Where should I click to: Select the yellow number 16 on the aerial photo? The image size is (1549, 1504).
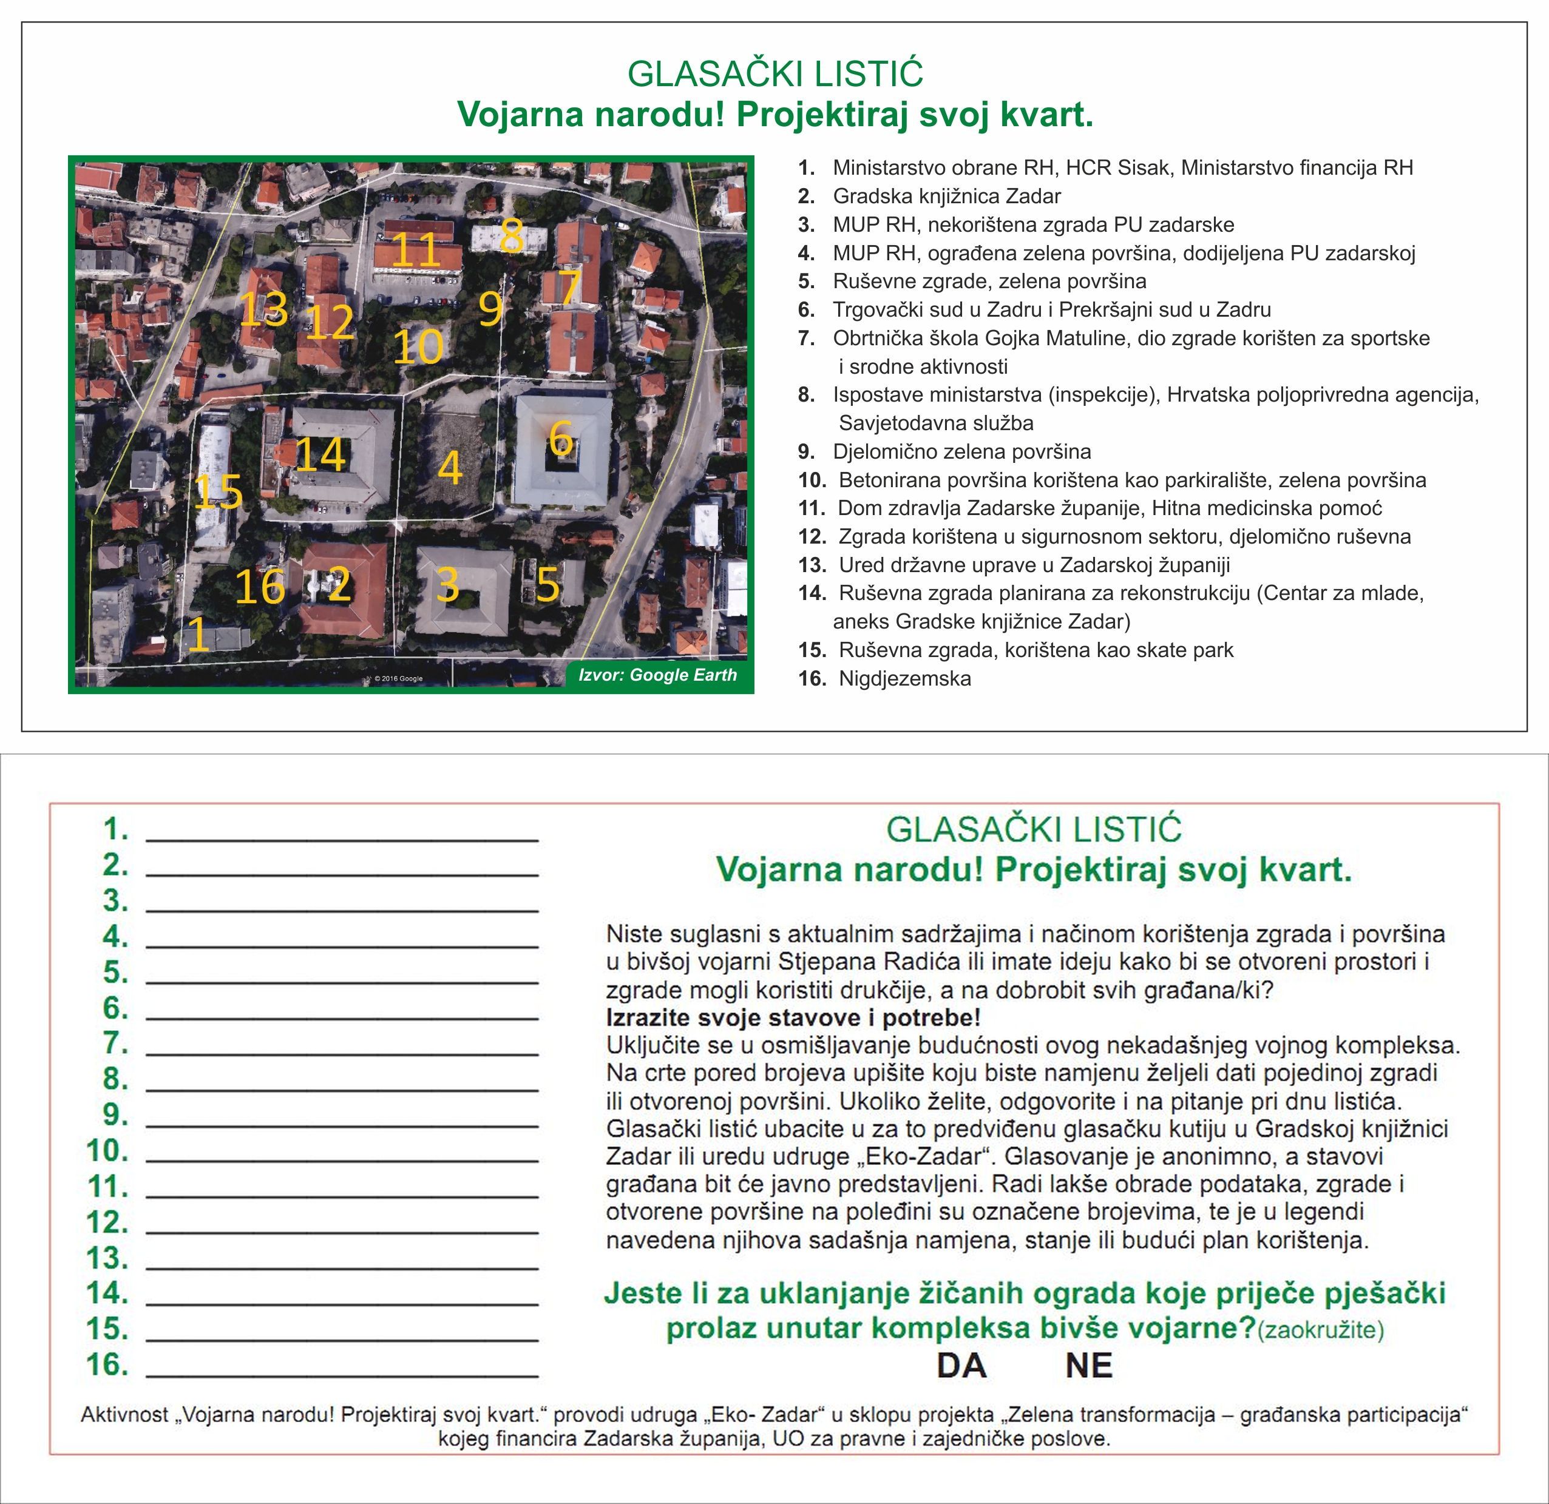[260, 587]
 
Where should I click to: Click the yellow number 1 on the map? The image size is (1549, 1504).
[198, 635]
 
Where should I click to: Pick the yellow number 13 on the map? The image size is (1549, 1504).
[263, 309]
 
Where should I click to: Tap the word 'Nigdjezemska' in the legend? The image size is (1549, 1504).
[905, 678]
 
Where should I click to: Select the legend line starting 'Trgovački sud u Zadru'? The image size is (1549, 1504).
[1051, 309]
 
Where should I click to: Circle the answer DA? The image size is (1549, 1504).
[961, 1365]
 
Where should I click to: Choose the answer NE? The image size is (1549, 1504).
[1088, 1365]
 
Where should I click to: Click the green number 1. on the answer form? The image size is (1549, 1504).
[115, 829]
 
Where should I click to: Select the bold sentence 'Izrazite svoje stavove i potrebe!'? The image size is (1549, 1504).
[793, 1017]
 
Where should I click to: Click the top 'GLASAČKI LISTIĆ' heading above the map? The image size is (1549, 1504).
[774, 74]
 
